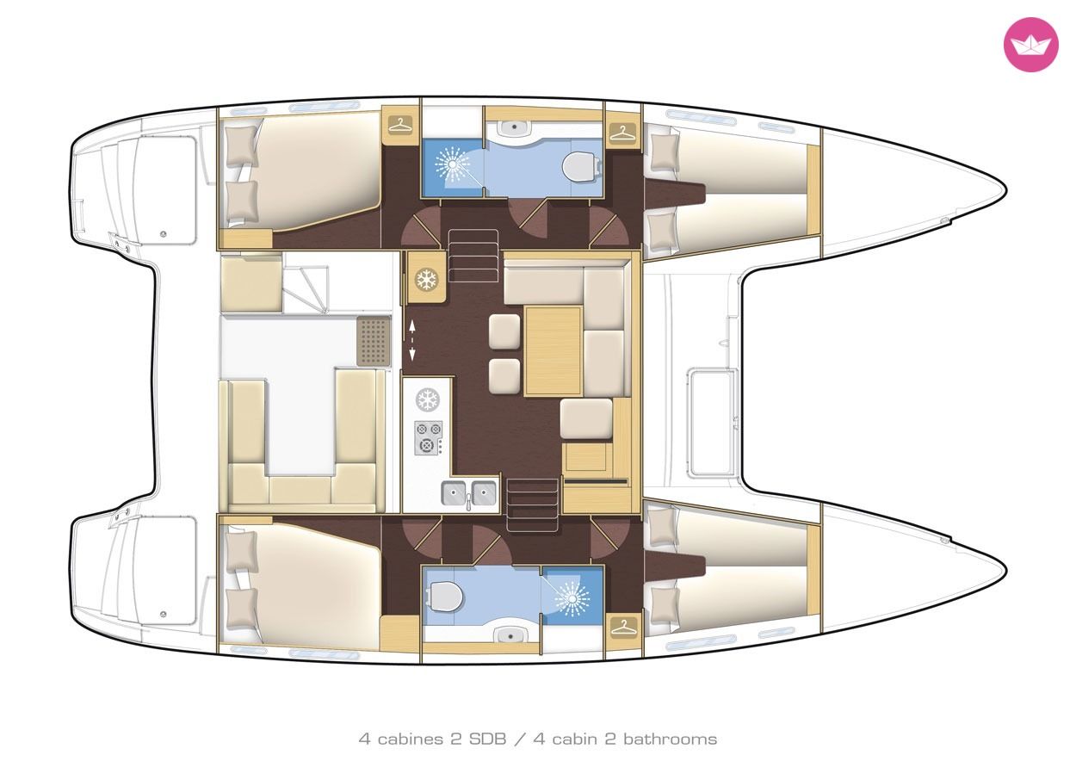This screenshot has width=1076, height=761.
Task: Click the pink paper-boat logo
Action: pos(1031,45)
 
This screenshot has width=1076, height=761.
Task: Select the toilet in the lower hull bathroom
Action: pos(445,597)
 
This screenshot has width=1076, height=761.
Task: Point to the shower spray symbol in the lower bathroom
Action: pos(572,599)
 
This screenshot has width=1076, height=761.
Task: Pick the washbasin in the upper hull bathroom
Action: pos(514,127)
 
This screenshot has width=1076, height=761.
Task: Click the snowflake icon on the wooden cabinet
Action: pos(426,280)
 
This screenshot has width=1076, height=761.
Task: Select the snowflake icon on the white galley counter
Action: pos(427,399)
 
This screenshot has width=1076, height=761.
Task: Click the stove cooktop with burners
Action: pos(429,437)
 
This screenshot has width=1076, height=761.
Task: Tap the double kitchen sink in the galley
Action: pos(469,492)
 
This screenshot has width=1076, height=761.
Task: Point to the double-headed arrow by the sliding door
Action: pos(411,341)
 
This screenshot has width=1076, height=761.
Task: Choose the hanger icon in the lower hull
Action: pos(623,627)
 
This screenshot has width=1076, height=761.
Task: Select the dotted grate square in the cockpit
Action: pos(374,342)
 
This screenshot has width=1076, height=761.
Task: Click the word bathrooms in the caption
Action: pos(670,739)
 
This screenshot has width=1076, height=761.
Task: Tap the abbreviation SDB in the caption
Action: pos(487,739)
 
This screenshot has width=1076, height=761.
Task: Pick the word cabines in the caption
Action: pos(411,739)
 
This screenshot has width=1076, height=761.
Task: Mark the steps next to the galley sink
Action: pos(533,505)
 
